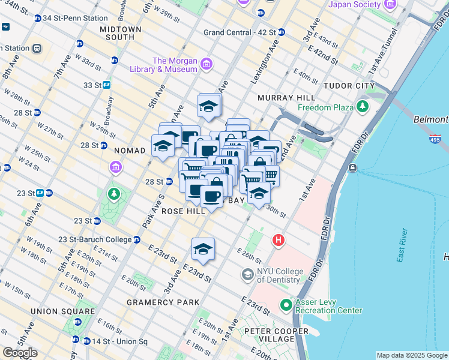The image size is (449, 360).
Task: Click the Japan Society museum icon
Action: [391, 5]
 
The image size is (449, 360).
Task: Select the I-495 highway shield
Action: [435, 139]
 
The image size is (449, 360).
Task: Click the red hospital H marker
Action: [278, 241]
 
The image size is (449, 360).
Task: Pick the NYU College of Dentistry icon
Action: [247, 275]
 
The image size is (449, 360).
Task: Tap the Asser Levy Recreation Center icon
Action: [286, 305]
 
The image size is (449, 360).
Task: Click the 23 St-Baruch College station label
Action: [95, 239]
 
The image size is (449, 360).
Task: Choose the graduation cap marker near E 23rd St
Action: [203, 249]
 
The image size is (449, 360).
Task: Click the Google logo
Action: [20, 352]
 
